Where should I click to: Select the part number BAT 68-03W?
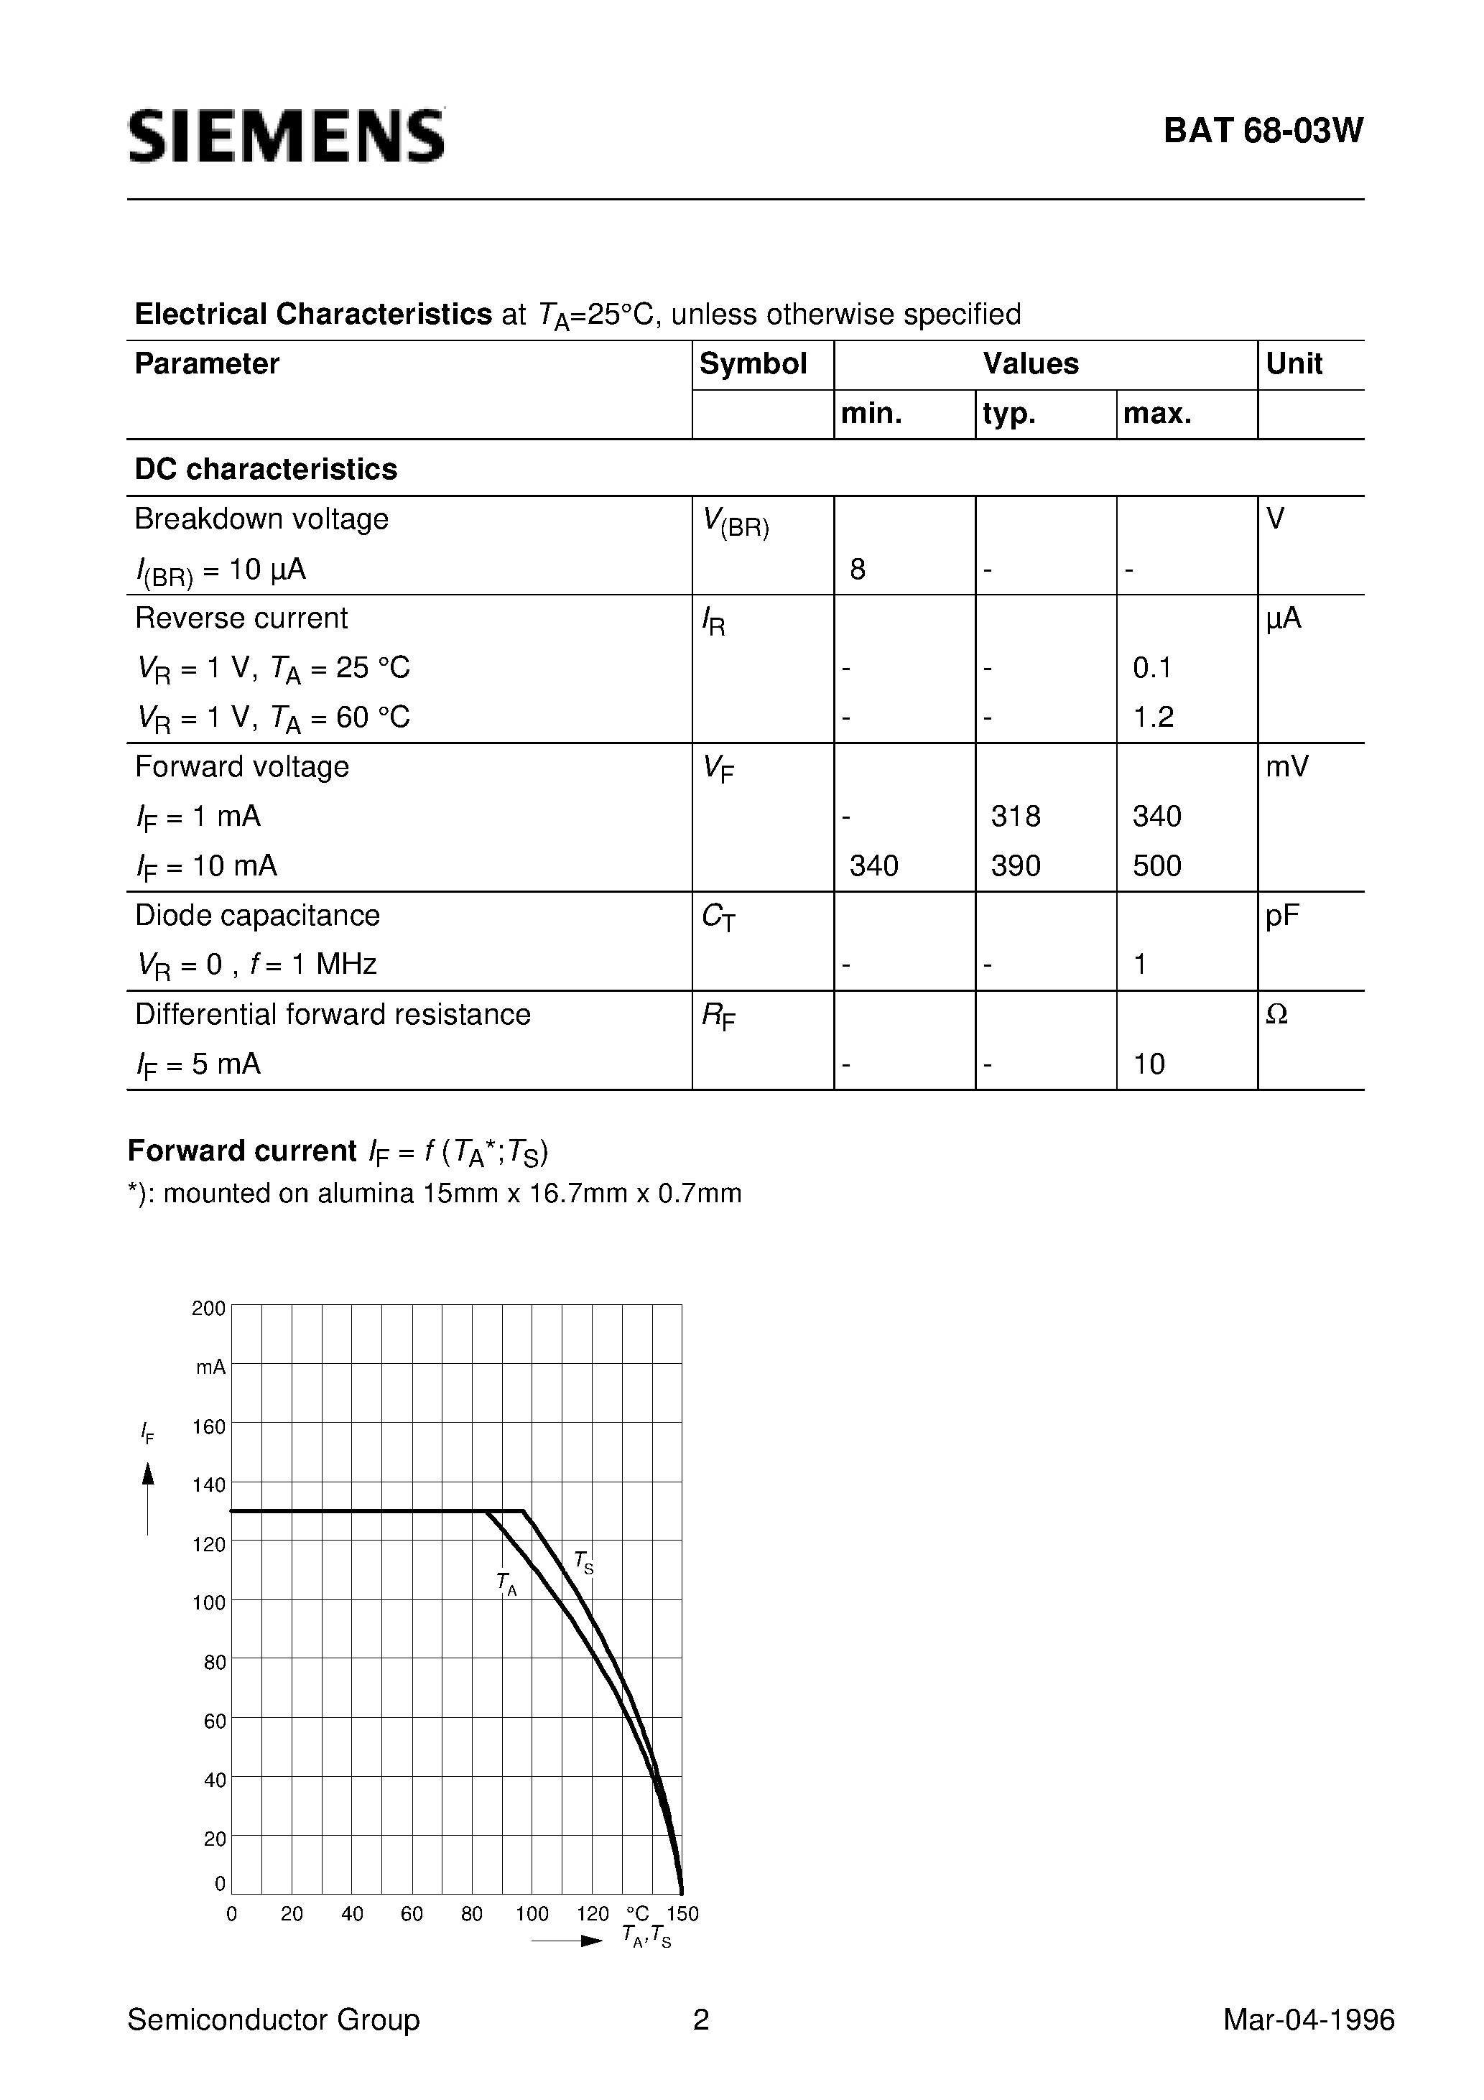(1263, 131)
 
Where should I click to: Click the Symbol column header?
(753, 364)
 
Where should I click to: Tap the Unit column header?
(1293, 364)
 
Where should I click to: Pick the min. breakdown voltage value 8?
(857, 570)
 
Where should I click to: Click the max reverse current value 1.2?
(1153, 717)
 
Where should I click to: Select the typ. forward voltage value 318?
(1016, 816)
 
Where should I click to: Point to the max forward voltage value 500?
(1156, 865)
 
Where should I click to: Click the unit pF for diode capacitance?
(1282, 916)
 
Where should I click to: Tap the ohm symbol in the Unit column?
(1276, 1014)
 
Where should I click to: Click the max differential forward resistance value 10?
(1149, 1064)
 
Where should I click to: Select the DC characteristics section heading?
(265, 469)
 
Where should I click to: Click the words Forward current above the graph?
(241, 1151)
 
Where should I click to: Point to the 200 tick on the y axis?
(208, 1309)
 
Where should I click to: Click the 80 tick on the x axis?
(472, 1914)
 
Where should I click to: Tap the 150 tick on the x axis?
(682, 1914)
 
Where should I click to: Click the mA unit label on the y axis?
(210, 1367)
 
